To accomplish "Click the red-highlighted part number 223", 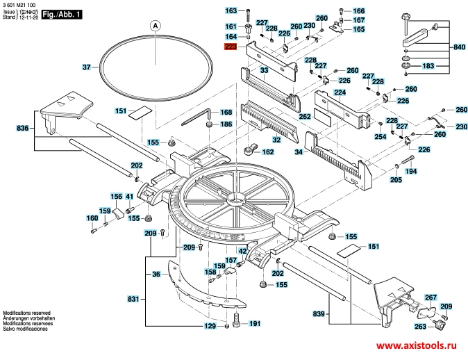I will (x=231, y=47).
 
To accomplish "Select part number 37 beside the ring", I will (x=87, y=67).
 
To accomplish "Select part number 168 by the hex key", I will (x=226, y=113).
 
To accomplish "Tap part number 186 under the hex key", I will (x=226, y=124).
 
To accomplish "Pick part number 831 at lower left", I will (x=133, y=298).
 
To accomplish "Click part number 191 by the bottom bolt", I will (x=255, y=324).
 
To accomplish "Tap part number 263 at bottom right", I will (x=420, y=326).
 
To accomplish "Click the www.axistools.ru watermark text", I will (x=418, y=345).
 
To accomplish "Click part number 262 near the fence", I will (x=304, y=117).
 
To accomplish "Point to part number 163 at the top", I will (x=231, y=11).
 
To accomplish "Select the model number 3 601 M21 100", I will (x=21, y=5).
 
